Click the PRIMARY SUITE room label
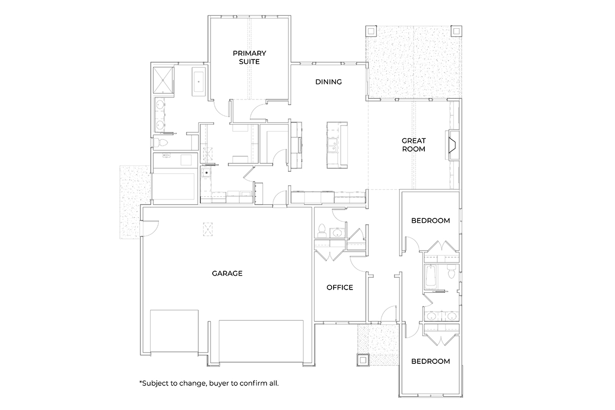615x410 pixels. click(246, 57)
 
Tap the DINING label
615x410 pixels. click(328, 82)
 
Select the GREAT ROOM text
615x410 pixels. click(414, 145)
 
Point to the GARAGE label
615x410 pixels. click(227, 273)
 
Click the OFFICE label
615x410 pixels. click(340, 288)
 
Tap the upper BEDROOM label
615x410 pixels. click(430, 221)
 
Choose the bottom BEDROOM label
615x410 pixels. click(430, 361)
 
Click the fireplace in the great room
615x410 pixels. click(453, 145)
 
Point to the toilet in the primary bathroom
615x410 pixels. click(160, 141)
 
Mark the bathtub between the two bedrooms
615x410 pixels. click(430, 277)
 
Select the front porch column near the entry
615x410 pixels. click(363, 360)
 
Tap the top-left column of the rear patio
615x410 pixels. click(371, 31)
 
